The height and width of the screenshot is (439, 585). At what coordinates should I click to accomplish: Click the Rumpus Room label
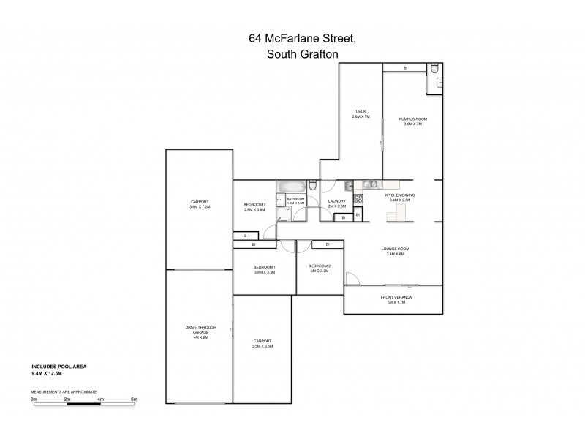click(413, 121)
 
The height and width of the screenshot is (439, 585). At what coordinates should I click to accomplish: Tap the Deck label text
click(361, 114)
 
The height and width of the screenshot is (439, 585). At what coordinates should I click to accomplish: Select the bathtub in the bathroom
click(290, 187)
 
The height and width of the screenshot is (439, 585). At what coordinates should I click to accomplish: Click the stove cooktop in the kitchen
click(359, 200)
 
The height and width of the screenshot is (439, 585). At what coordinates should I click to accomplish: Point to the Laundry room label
click(337, 203)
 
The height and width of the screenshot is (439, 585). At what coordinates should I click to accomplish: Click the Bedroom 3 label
click(254, 206)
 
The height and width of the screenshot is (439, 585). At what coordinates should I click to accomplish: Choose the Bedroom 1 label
click(264, 269)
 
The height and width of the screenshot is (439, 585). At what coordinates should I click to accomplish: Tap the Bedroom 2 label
click(320, 268)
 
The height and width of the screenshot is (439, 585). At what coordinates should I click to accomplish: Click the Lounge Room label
click(395, 252)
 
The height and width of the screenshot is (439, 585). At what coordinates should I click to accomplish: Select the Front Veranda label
click(393, 299)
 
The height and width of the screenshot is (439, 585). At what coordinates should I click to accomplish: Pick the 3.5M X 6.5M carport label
click(262, 343)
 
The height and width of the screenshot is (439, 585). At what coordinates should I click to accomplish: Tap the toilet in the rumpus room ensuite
click(434, 70)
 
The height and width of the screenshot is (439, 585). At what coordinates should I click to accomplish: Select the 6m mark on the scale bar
click(134, 399)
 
